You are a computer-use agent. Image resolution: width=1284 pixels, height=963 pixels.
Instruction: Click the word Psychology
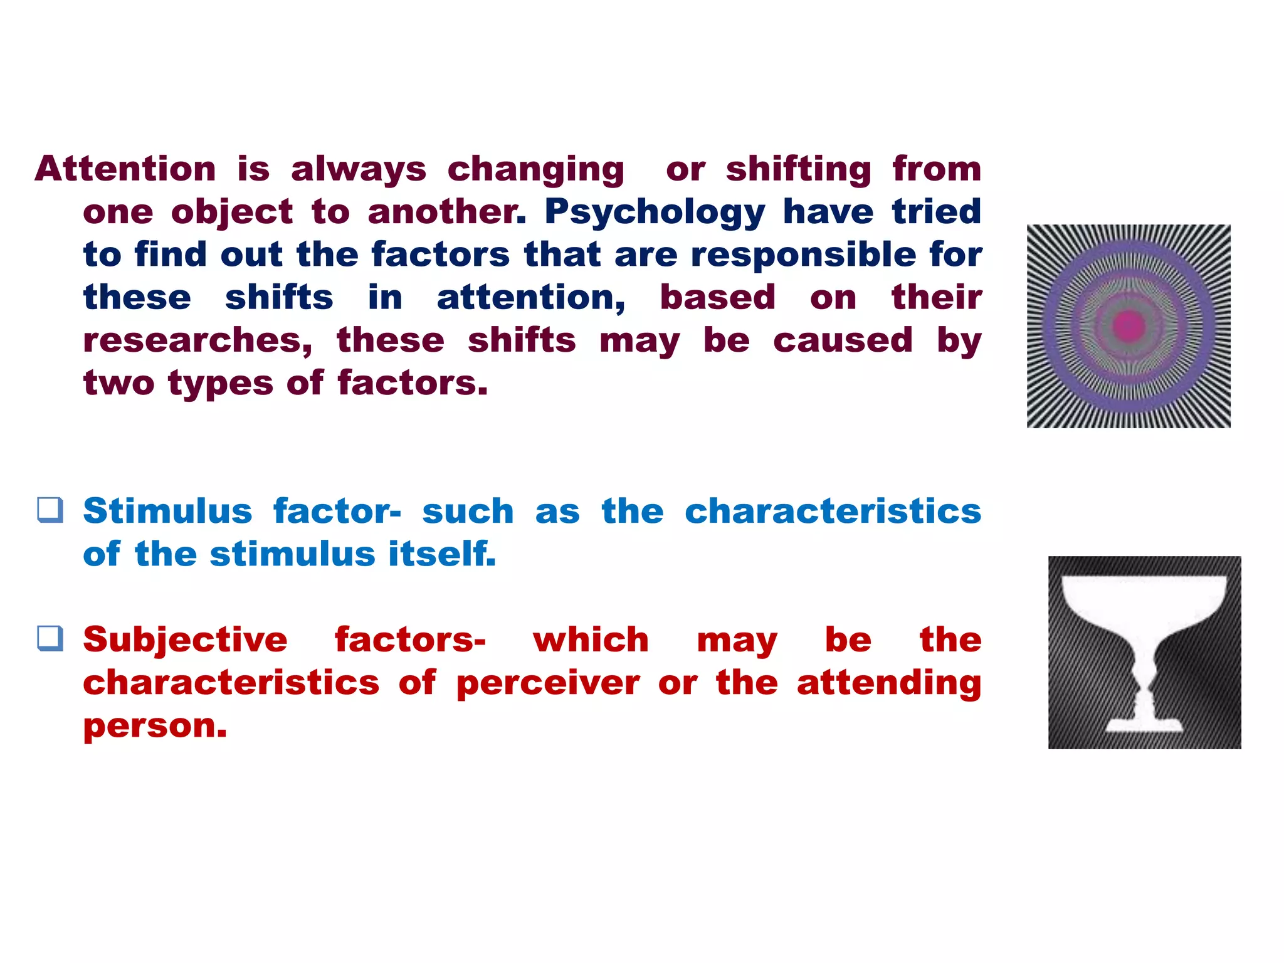coord(655,213)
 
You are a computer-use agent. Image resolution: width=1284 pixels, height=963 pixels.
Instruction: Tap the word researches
coord(197,341)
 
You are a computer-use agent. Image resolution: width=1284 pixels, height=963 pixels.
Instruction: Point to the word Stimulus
coord(167,511)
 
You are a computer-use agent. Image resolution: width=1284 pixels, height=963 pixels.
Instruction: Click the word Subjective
coord(185,640)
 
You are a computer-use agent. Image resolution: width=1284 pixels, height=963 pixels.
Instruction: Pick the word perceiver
coord(548,683)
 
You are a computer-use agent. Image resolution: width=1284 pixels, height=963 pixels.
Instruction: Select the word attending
coord(888,683)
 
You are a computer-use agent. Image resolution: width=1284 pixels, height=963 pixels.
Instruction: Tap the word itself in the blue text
coord(442,554)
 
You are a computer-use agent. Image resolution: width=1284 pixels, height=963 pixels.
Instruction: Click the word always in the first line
coord(358,169)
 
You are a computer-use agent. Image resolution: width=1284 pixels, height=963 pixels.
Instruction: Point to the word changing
coord(535,171)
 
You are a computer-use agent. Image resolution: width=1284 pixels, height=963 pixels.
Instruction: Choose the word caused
coord(842,341)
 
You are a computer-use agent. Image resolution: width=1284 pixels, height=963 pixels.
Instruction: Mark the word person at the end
coord(154,727)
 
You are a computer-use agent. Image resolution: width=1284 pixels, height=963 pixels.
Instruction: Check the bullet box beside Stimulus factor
coord(50,510)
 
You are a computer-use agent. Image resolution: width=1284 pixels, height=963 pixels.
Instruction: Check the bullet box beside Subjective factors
coord(50,638)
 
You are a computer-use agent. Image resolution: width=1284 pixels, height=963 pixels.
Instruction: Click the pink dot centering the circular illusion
coord(1129,325)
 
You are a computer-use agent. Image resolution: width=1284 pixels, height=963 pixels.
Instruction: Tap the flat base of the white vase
coord(1144,726)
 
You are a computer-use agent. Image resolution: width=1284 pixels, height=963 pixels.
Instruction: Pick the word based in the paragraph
coord(717,298)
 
